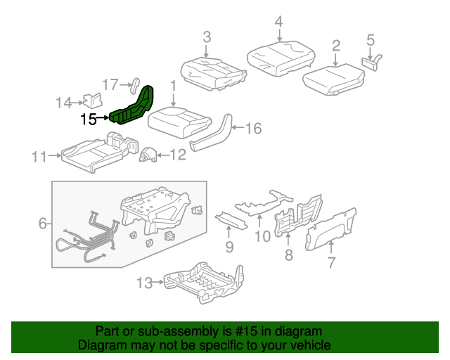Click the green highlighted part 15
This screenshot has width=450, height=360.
134,109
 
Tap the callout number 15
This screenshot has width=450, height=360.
89,120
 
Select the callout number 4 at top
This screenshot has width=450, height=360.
278,21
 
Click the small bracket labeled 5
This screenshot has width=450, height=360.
371,60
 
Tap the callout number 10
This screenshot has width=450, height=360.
262,236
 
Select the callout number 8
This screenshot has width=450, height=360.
288,255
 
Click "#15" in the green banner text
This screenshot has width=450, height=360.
248,331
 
